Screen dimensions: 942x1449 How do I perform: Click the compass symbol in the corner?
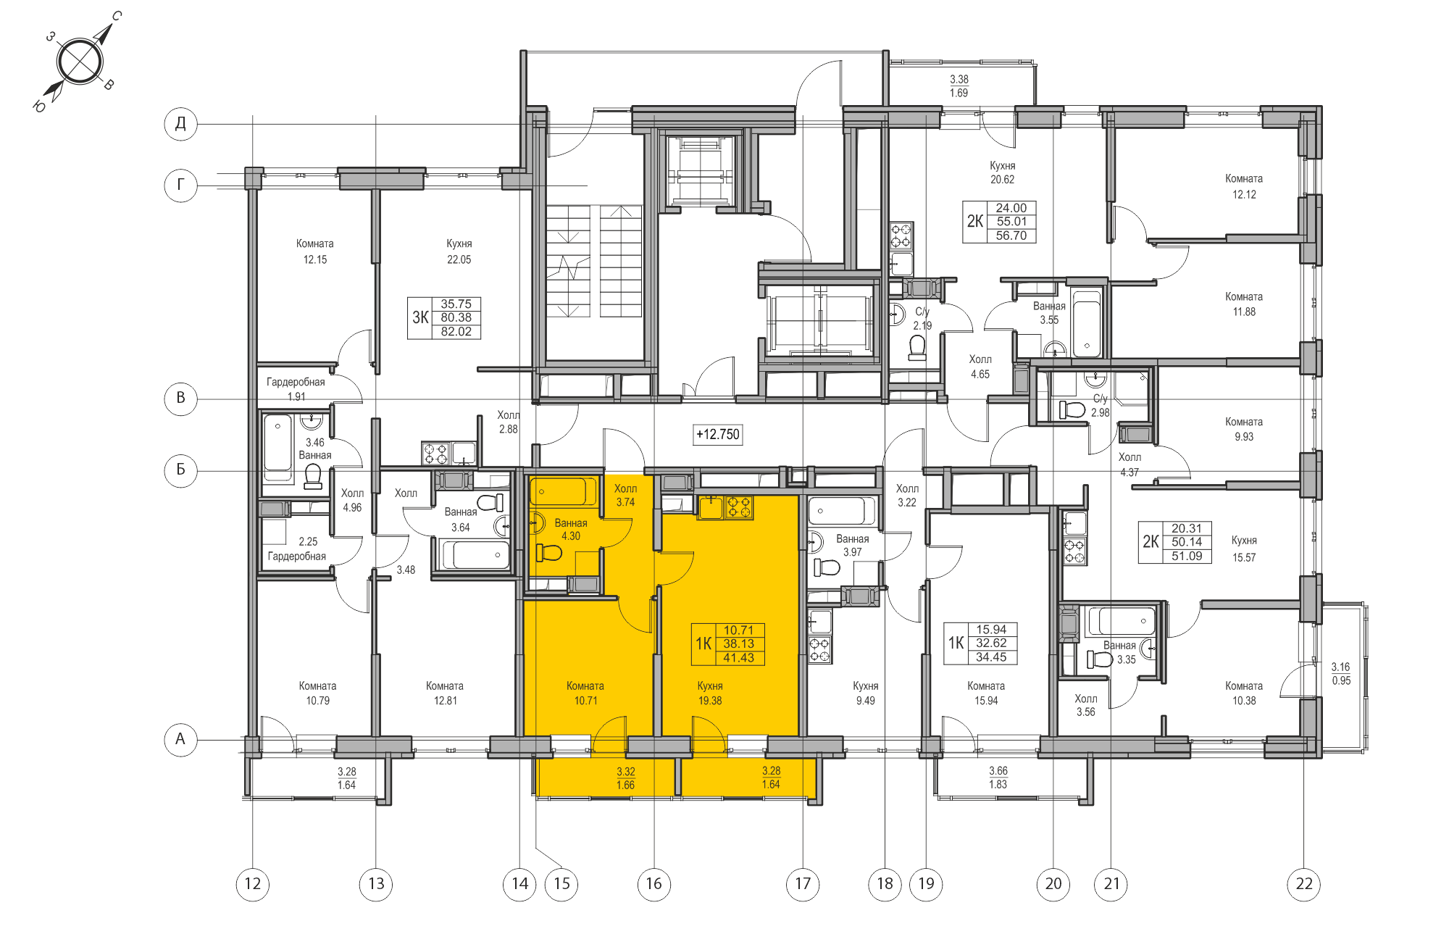(79, 62)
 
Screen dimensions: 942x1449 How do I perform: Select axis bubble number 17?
(803, 883)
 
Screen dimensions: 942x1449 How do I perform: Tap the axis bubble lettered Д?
(180, 123)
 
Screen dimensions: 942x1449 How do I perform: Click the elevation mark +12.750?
(717, 434)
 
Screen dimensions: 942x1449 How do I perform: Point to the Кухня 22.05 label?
(459, 251)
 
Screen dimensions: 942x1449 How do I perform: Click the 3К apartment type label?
(420, 317)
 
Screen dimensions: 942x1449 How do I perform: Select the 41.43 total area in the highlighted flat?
(738, 657)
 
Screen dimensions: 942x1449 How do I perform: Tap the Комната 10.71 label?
(585, 693)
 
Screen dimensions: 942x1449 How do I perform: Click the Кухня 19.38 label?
(710, 693)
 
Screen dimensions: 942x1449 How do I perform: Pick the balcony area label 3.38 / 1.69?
(959, 86)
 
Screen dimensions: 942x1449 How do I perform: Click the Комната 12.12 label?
(1243, 186)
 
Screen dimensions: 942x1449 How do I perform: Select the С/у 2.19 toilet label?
(922, 318)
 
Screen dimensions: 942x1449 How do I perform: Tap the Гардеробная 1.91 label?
(296, 388)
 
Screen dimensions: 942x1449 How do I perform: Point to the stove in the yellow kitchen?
(739, 507)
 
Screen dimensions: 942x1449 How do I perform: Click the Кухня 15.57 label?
(1243, 549)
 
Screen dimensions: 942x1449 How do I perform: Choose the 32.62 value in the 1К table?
(990, 643)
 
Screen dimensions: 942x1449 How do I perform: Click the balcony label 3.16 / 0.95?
(1340, 673)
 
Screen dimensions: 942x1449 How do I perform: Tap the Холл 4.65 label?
(980, 367)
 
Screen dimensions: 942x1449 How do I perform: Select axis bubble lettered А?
(180, 739)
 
